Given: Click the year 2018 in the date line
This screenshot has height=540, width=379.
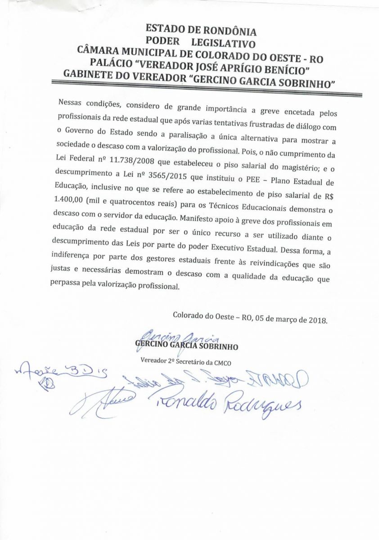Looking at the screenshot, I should (x=318, y=321).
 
